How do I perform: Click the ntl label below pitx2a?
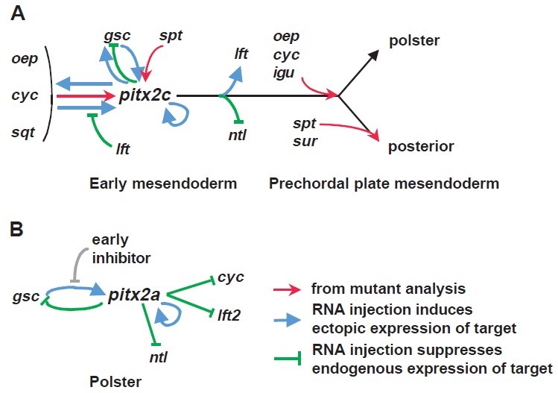(157, 357)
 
